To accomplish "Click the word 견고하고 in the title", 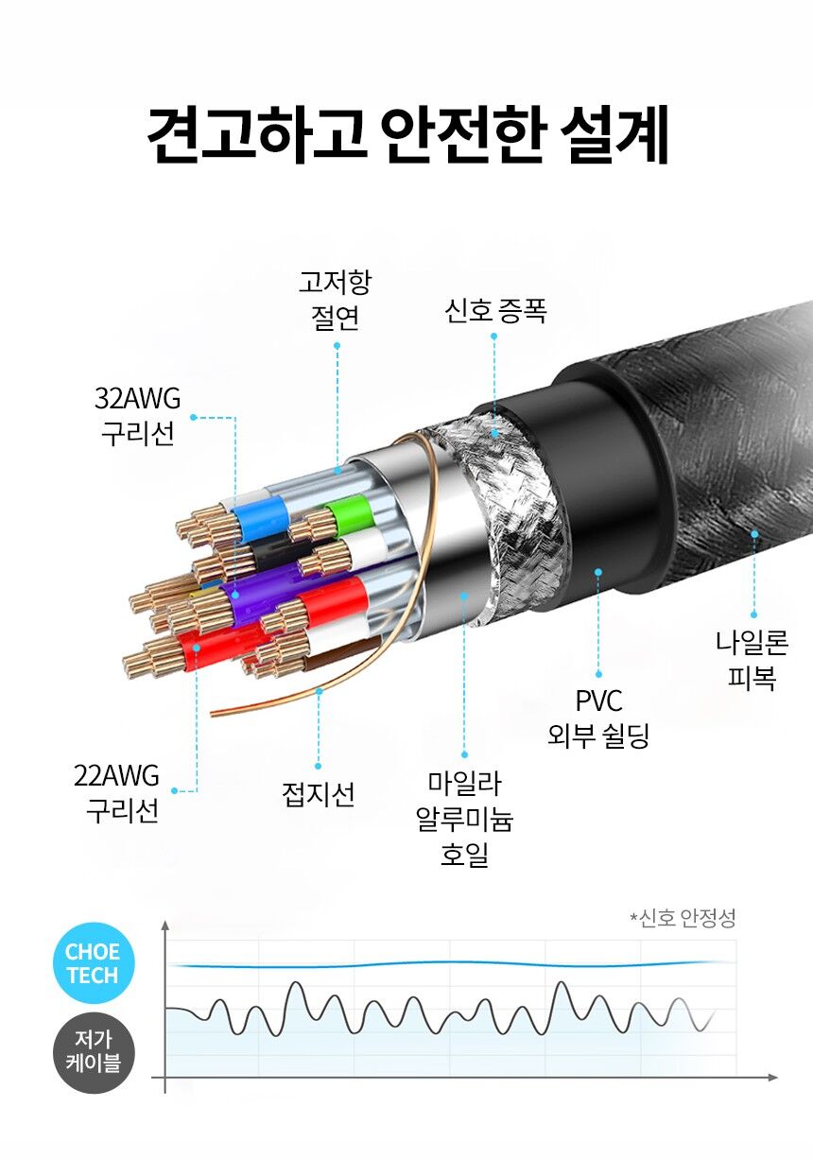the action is click(x=257, y=134).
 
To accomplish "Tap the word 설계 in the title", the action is click(x=614, y=134).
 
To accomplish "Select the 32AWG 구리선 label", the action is click(x=138, y=416).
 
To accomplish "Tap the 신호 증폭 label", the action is click(x=495, y=311).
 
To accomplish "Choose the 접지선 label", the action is click(x=319, y=794).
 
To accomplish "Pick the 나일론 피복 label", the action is click(x=752, y=660).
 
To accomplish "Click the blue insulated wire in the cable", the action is click(x=259, y=516).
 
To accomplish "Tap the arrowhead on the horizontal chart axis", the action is click(x=772, y=1078).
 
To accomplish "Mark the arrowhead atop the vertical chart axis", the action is click(x=165, y=925).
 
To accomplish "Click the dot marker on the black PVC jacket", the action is click(x=598, y=572).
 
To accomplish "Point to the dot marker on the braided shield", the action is click(x=495, y=434).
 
